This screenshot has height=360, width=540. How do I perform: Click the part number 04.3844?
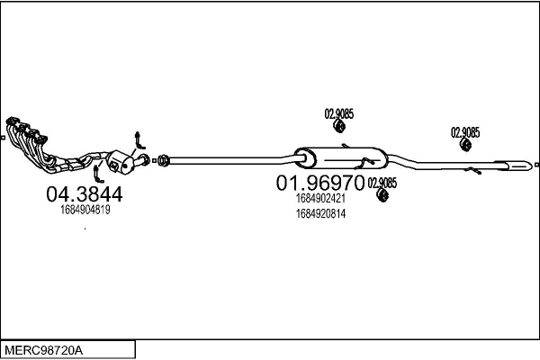(85, 194)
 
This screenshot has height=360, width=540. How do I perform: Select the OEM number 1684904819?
(85, 210)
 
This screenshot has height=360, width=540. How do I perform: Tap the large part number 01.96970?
(319, 183)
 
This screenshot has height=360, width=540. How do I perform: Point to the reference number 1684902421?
(320, 198)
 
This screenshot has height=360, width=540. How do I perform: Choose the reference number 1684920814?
(320, 214)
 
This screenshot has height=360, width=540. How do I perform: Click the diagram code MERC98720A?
(43, 351)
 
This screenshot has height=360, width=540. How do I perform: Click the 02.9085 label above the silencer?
(339, 113)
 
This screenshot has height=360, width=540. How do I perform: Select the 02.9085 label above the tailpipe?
(465, 132)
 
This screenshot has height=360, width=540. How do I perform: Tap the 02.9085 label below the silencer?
(382, 183)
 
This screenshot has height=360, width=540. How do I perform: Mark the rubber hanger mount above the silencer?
(339, 126)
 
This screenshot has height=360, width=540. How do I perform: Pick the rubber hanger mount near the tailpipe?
(466, 145)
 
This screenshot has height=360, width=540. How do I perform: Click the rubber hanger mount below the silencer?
(382, 195)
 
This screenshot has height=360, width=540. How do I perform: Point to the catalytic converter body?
(120, 162)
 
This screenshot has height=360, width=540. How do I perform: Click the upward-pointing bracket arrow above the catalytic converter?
(139, 140)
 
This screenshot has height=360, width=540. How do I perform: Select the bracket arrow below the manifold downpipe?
(98, 174)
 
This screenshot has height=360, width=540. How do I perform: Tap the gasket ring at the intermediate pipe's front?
(164, 160)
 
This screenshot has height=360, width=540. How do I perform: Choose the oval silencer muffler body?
(341, 158)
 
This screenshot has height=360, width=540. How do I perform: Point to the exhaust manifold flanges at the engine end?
(27, 130)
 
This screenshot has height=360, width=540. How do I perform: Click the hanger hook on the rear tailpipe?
(472, 170)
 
